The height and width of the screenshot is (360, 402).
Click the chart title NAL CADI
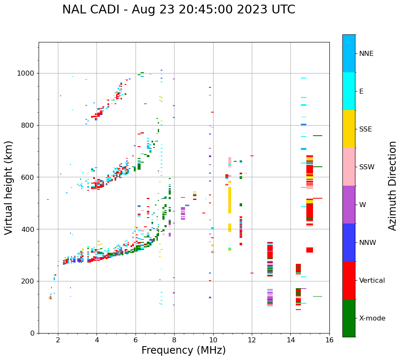[x=178, y=10]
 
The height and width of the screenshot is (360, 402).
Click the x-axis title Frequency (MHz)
[x=183, y=350]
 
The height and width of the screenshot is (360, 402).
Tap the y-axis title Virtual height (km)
[x=9, y=187]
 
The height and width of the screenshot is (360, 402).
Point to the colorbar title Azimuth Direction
[x=392, y=186]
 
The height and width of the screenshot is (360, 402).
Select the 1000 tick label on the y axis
[x=26, y=74]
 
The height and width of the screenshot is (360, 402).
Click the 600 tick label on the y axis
[x=28, y=177]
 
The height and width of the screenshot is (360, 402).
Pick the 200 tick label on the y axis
[x=28, y=281]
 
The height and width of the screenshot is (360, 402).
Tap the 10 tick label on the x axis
[x=213, y=340]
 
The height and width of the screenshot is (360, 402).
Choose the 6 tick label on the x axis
[x=136, y=340]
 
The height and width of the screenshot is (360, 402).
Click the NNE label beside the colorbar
[x=366, y=54]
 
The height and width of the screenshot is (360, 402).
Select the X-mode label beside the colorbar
[x=372, y=318]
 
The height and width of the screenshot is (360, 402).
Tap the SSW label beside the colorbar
[x=367, y=167]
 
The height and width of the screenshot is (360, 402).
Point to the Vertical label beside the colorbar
[x=372, y=281]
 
